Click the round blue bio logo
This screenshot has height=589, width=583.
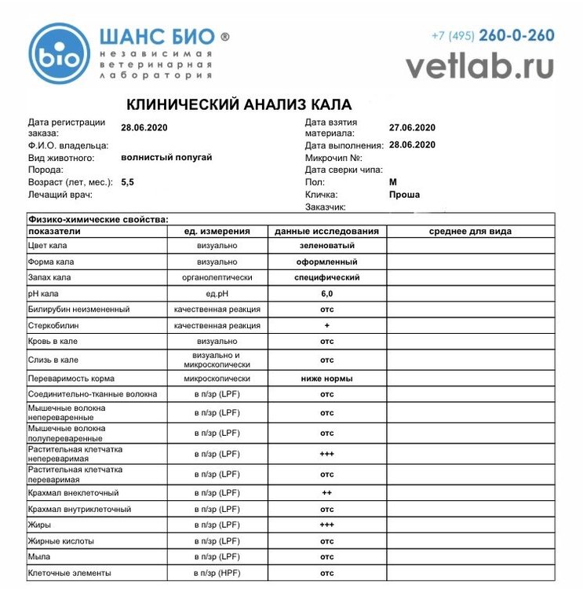[x=58, y=53]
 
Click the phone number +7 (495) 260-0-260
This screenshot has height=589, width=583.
[x=493, y=35]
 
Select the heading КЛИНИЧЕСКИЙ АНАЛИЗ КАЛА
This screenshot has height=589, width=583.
[x=239, y=104]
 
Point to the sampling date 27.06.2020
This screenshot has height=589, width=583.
[x=412, y=127]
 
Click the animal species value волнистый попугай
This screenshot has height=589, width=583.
[x=166, y=157]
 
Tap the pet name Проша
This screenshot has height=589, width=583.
[x=404, y=194]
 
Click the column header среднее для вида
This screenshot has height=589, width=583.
[x=470, y=231]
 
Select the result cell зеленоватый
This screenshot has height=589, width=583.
[x=326, y=246]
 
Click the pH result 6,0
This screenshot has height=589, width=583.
[x=326, y=294]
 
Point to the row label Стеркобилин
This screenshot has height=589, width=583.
[x=53, y=325]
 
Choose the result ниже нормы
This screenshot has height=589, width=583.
[x=326, y=378]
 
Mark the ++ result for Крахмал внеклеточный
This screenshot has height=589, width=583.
[x=326, y=492]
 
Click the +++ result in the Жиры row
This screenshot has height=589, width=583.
[x=326, y=525]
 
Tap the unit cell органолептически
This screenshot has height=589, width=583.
[x=217, y=278]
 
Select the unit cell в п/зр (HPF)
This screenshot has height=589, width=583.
[x=217, y=573]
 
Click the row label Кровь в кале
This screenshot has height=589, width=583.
[x=53, y=341]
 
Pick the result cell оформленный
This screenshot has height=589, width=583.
[x=326, y=262]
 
